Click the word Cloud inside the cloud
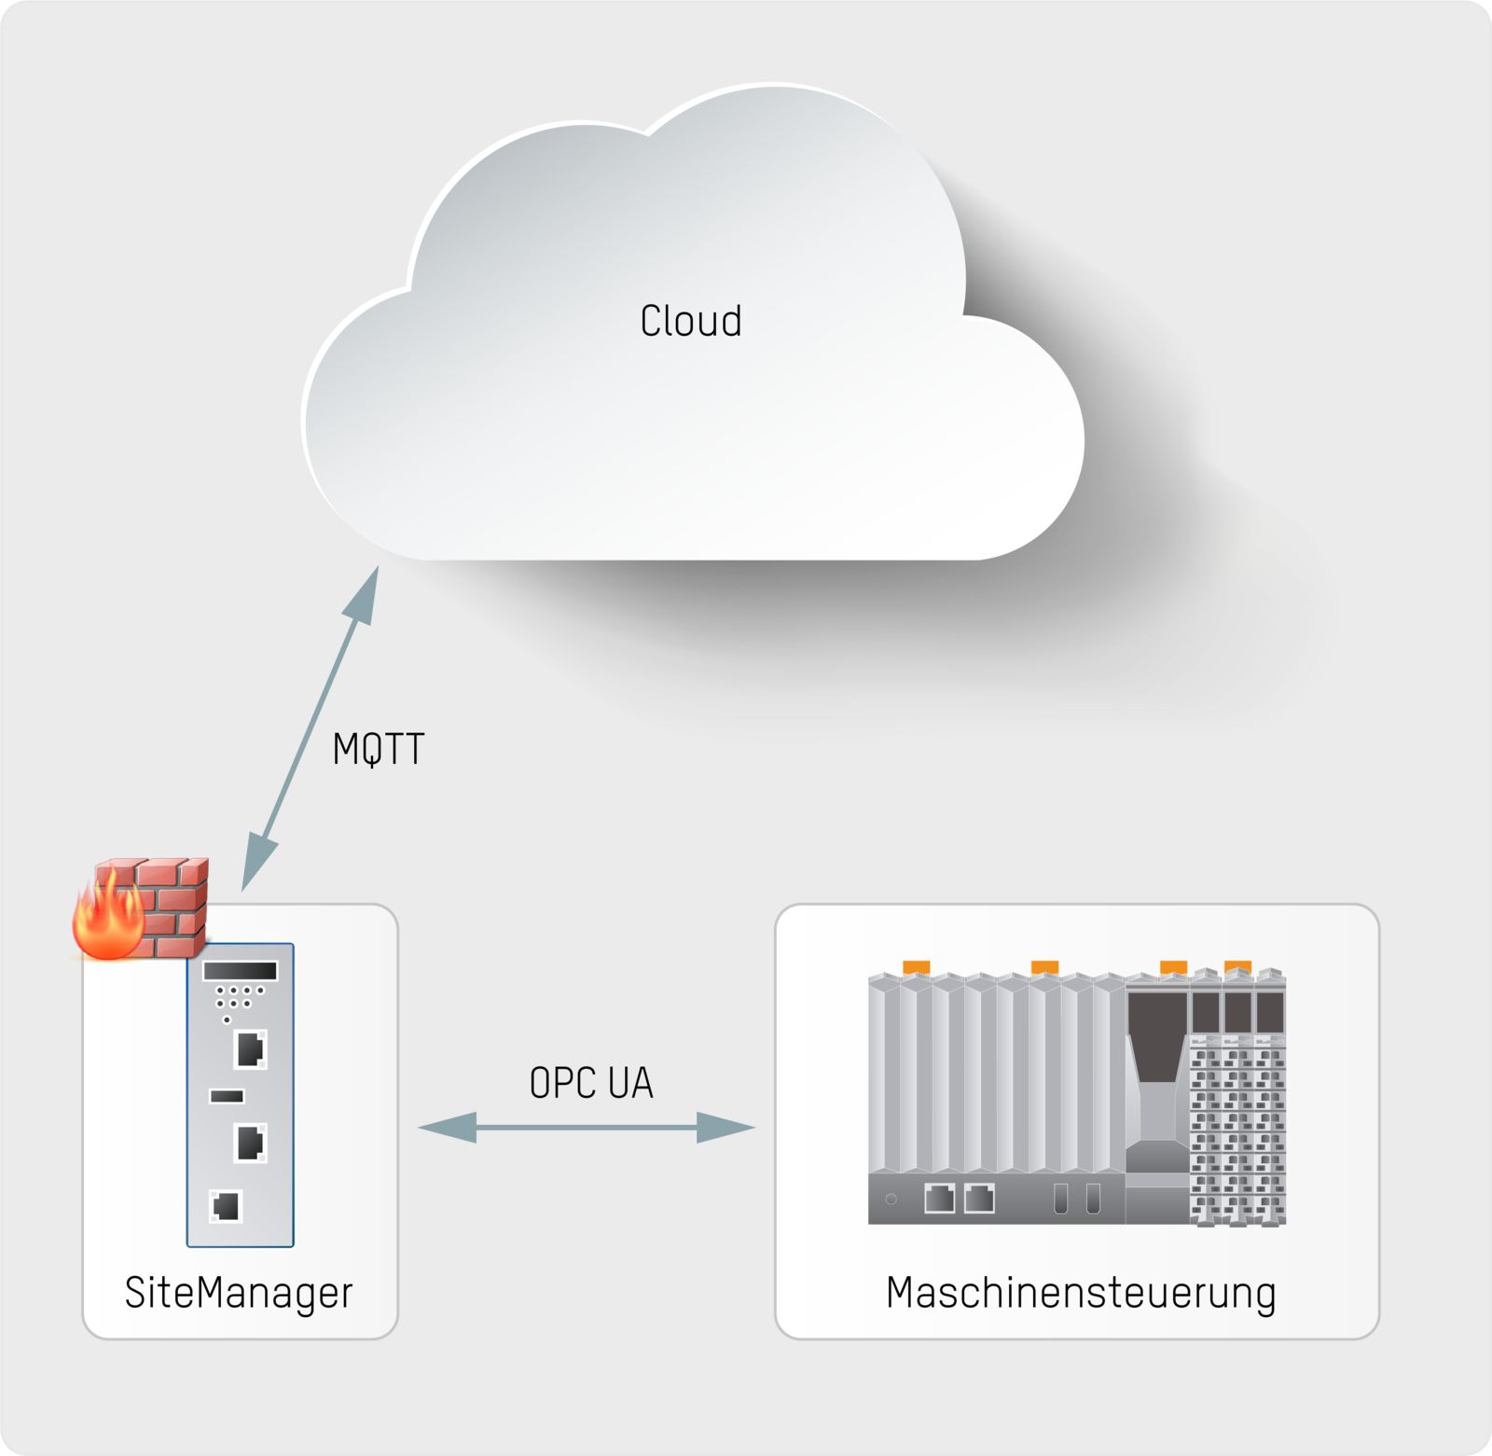coord(690,321)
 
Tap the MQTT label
coord(379,749)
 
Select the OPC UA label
coord(591,1083)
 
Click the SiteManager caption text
coord(239,1293)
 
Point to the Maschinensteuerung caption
coord(1081,1294)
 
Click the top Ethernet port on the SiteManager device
coord(250,1048)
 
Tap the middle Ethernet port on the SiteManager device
coord(250,1143)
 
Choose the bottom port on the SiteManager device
coord(226,1206)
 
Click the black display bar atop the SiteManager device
coord(240,970)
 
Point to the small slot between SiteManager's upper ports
coord(227,1096)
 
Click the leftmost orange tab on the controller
coord(916,967)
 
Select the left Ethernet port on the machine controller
coord(939,1198)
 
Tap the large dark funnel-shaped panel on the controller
coord(1156,1035)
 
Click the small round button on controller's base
coord(891,1199)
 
